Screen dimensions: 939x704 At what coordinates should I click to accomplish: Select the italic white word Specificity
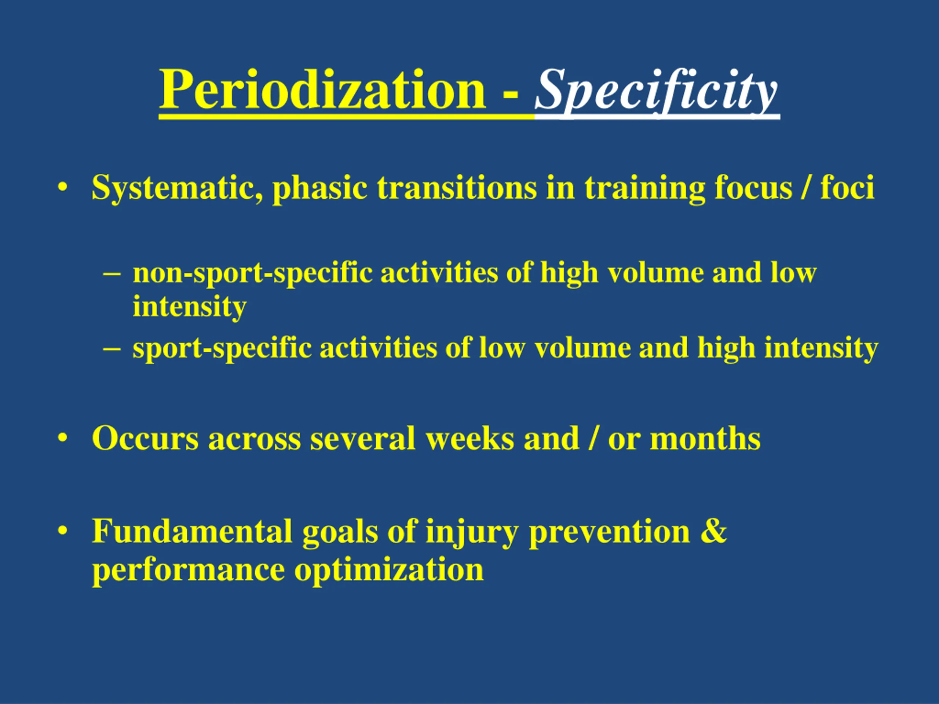pos(656,91)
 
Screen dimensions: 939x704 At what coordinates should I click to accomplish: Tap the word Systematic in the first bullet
pos(178,188)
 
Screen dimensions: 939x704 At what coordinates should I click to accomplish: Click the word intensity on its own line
pos(189,307)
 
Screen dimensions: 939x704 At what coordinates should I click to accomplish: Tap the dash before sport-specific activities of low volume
pos(112,348)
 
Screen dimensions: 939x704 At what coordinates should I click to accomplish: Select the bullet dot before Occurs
pos(63,437)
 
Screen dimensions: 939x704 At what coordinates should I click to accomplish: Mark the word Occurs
pos(145,438)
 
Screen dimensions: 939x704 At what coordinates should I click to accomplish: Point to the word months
pos(705,438)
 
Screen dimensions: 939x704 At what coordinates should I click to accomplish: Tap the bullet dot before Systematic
pos(63,187)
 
